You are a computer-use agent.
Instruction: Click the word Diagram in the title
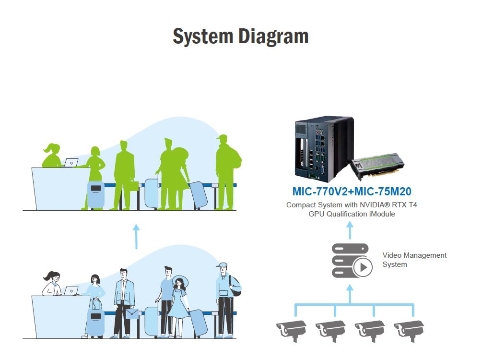tap(273, 37)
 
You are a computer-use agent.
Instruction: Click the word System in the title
tap(203, 37)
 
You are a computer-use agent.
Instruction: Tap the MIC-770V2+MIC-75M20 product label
tap(352, 192)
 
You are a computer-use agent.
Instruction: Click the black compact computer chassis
tap(324, 149)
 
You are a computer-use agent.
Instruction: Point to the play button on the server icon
tap(363, 267)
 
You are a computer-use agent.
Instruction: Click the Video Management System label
tap(414, 260)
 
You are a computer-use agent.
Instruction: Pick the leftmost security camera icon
tap(292, 330)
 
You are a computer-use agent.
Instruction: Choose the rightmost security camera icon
tap(409, 330)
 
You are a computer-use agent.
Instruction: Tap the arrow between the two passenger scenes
tap(136, 236)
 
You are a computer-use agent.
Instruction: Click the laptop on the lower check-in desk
tap(71, 290)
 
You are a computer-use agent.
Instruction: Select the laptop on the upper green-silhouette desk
tap(71, 162)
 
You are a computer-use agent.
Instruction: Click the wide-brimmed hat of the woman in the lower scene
tap(180, 281)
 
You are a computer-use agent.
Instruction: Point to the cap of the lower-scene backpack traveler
tap(222, 265)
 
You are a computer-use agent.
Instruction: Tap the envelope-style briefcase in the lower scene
tap(132, 314)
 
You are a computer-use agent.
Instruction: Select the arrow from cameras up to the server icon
tap(350, 294)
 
